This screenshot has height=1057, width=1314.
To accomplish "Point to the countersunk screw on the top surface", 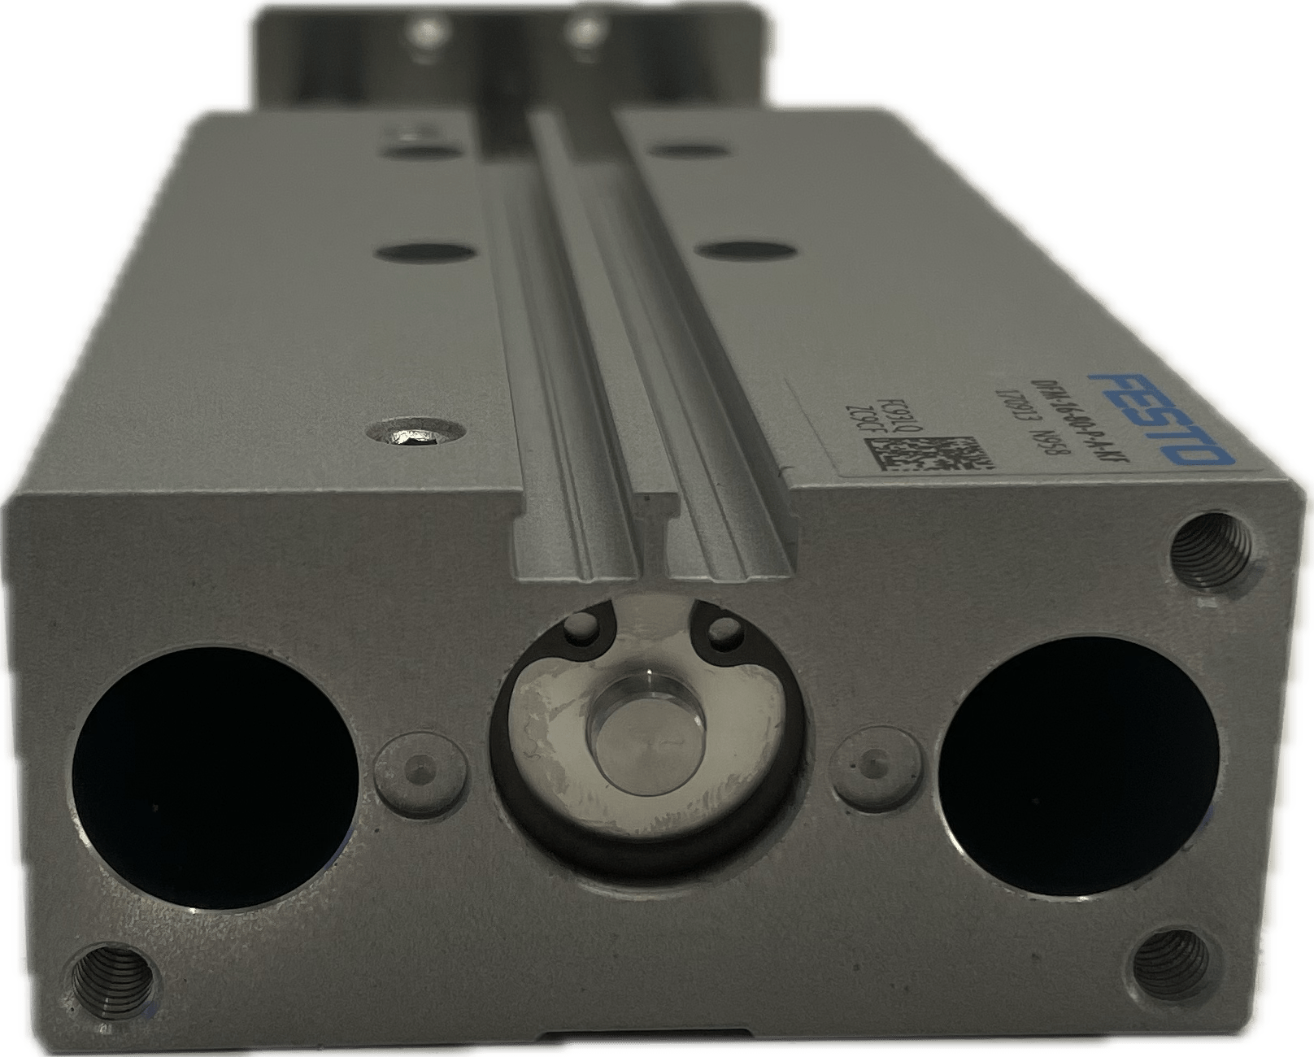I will [416, 437].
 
